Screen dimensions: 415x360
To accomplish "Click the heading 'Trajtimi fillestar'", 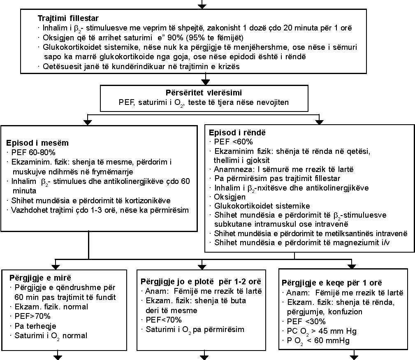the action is pos(68,18).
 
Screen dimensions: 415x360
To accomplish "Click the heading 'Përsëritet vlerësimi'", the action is pos(204,93).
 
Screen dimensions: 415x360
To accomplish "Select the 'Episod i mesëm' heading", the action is pos(37,143).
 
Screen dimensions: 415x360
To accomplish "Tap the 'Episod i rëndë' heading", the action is pos(237,132).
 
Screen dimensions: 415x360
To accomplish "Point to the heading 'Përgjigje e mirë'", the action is pos(40,278).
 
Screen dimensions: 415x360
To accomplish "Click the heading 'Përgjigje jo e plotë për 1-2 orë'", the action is pos(201,281).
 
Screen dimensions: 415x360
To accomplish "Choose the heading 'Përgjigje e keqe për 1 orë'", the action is pos(332,283).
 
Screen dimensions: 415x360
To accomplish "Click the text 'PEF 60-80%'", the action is pos(33,153).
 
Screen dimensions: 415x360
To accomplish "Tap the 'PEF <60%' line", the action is pos(234,142).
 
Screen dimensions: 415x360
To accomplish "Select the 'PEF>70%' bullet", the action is pos(32,316).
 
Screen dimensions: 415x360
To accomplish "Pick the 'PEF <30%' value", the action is pos(306,322).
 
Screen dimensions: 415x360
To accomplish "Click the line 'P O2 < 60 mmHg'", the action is pos(318,341).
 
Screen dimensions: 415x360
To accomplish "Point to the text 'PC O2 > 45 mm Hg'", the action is pos(322,332).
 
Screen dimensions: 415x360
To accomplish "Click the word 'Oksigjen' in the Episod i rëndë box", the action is pos(230,197).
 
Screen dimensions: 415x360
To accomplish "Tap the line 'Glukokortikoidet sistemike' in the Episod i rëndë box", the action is pos(262,206).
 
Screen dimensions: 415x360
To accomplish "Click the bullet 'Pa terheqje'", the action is pos(35,326).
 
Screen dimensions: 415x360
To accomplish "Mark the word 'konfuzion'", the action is pos(345,312).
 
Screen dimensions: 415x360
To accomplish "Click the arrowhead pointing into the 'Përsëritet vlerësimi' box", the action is pos(205,82).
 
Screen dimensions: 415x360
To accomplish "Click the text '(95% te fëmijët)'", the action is pos(215,37).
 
